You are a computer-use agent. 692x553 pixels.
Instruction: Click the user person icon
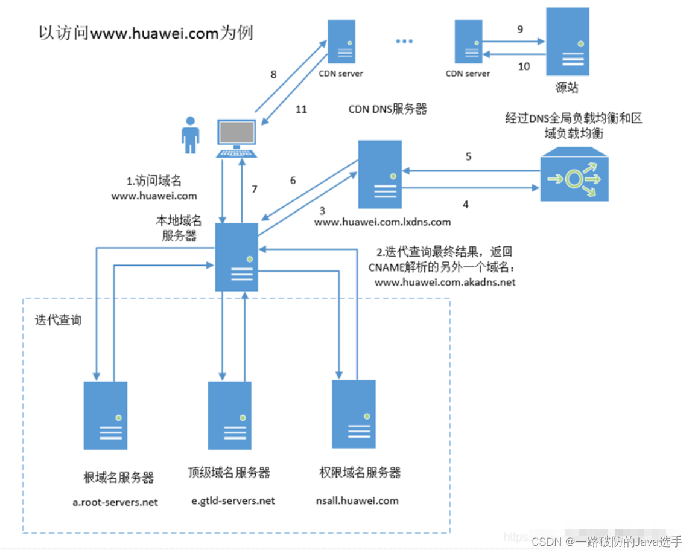(191, 135)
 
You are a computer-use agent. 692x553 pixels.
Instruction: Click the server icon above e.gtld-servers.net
(229, 415)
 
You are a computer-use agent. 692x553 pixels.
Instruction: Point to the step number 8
(273, 74)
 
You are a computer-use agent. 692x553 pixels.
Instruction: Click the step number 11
(301, 109)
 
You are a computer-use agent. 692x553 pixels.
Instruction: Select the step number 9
(521, 29)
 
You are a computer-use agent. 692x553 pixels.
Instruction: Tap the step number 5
(468, 157)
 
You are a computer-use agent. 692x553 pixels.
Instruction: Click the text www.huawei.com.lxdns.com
(382, 222)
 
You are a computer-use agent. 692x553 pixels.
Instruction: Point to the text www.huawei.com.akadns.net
(445, 282)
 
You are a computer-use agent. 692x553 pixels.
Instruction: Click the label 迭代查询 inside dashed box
(58, 320)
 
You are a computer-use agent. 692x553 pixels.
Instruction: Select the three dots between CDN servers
(404, 41)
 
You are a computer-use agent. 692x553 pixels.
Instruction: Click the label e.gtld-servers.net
(232, 500)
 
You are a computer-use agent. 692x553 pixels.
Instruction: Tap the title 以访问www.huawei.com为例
(145, 33)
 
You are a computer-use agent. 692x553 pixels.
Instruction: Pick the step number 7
(255, 189)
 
